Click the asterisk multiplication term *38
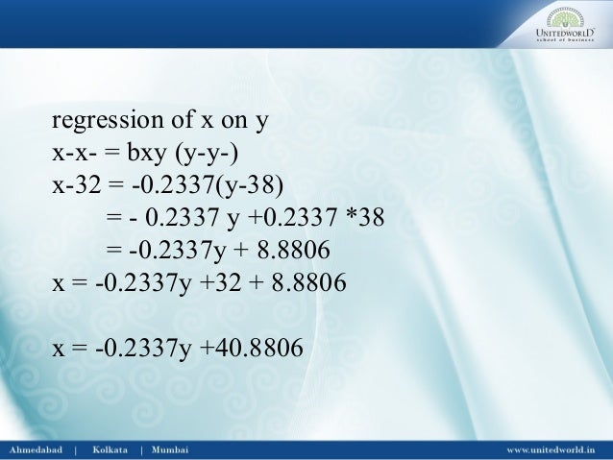364,219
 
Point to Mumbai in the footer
171,448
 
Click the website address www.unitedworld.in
551,448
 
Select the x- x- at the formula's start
74,155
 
